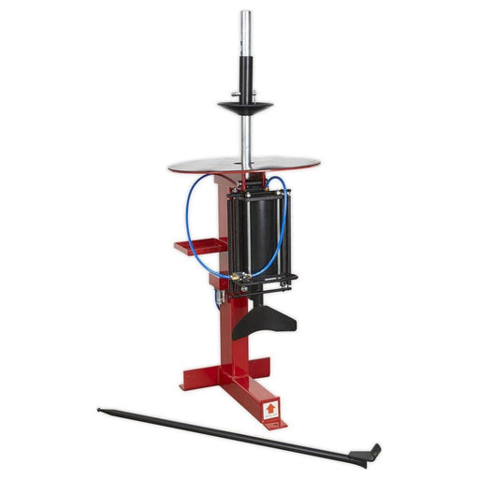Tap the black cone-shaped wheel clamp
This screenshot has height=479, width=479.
(247, 105)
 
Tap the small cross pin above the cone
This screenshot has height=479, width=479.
(247, 93)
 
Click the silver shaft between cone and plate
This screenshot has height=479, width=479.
(248, 136)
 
